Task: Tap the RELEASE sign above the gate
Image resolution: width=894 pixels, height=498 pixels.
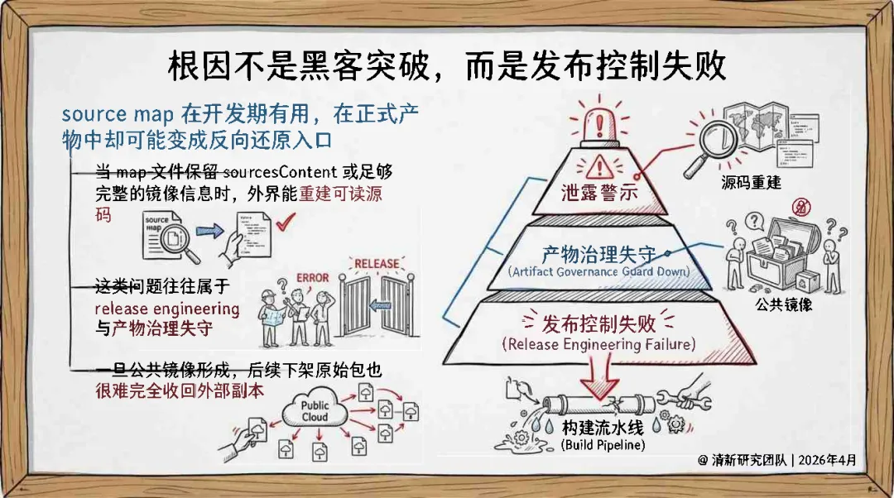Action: [x=377, y=265]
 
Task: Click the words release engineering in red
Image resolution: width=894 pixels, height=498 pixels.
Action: [x=167, y=309]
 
